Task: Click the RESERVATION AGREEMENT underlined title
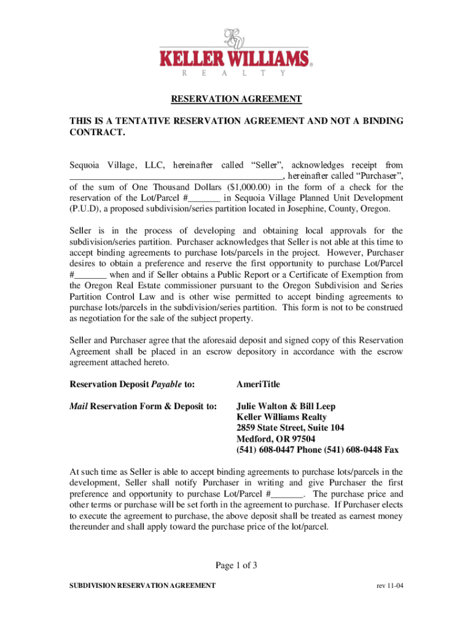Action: [236, 98]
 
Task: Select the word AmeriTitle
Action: [258, 384]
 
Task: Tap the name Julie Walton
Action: [263, 406]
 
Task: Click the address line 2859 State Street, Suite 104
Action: [290, 428]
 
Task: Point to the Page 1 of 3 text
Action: [236, 566]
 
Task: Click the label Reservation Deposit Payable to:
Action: [132, 384]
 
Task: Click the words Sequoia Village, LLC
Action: [103, 165]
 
